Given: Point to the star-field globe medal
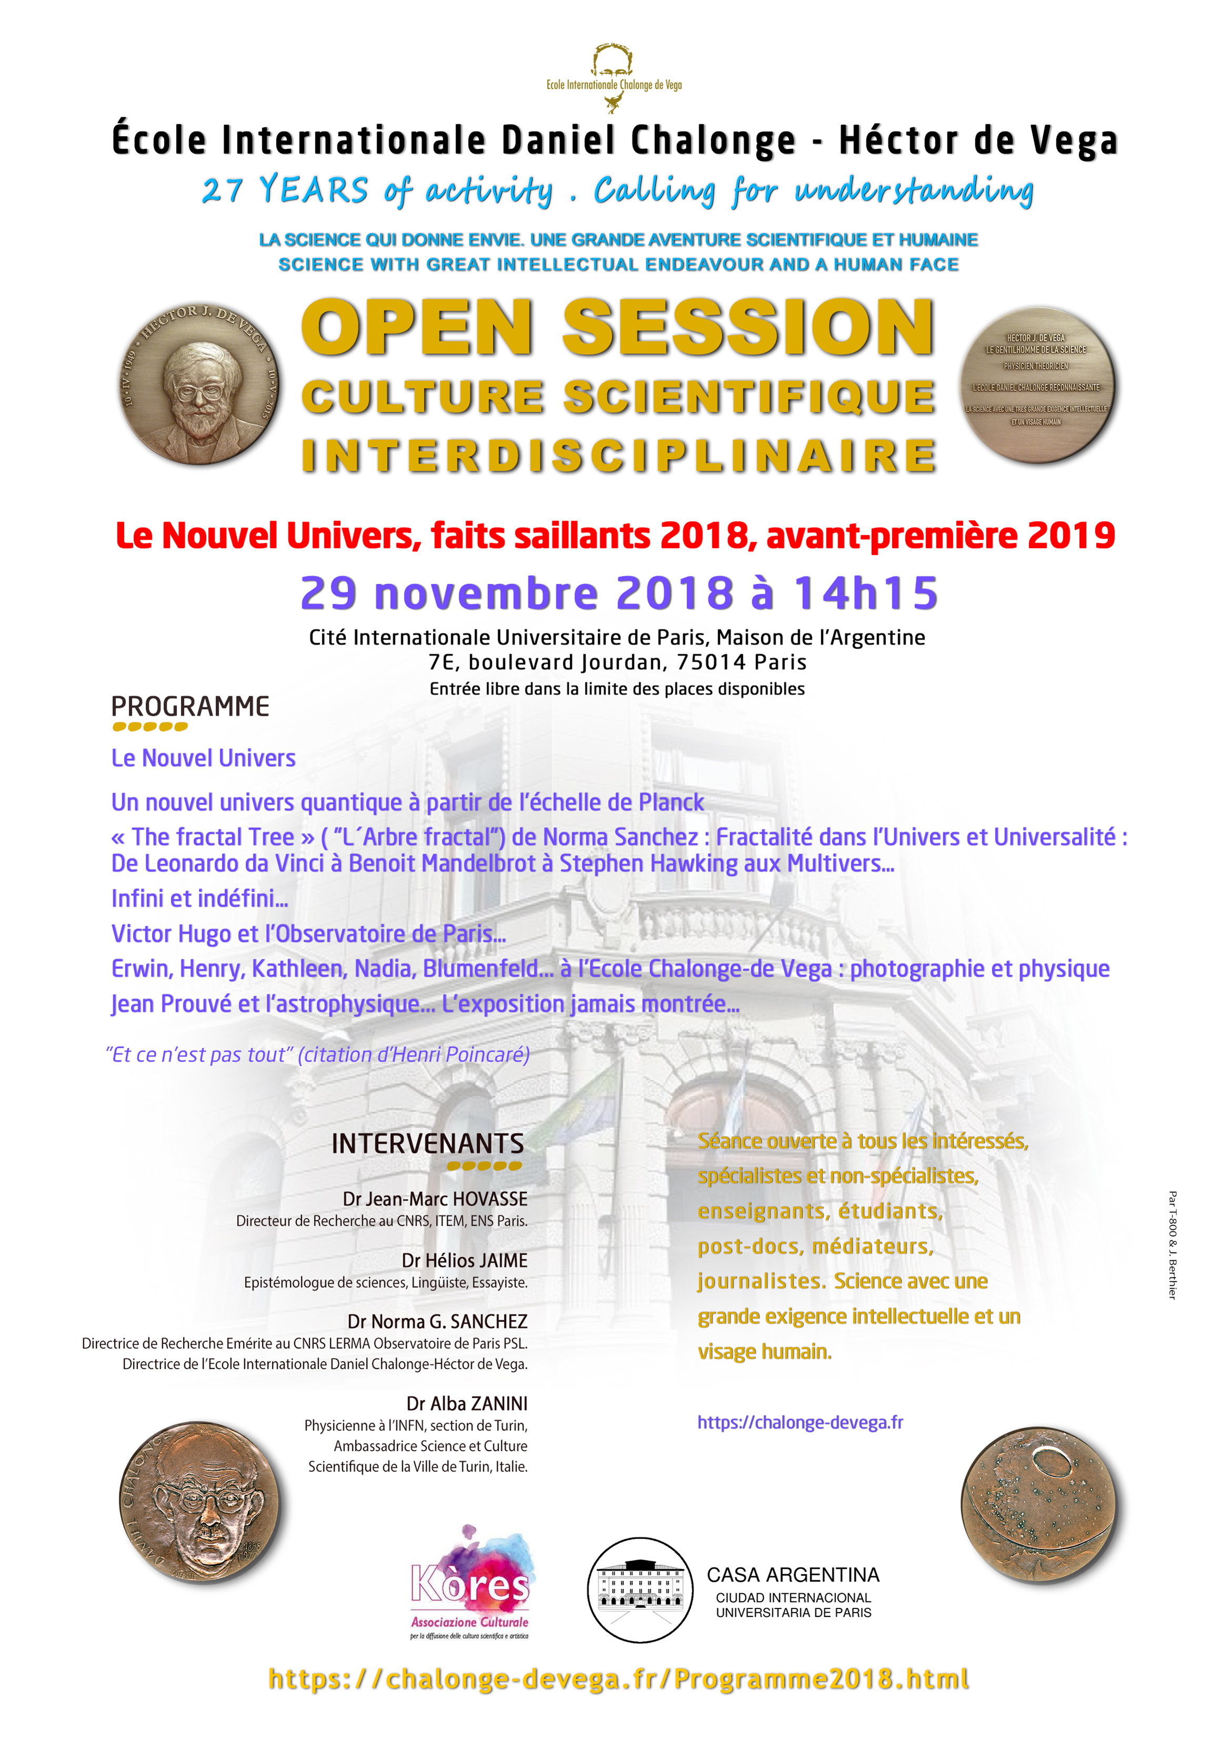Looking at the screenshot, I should (1038, 1504).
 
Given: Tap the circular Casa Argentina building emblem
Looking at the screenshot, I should (641, 1589).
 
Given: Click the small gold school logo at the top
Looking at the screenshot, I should (614, 76).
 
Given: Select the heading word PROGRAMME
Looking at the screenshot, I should (190, 706).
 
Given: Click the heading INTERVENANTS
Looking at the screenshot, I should (428, 1144).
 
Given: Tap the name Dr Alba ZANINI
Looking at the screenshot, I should (467, 1403).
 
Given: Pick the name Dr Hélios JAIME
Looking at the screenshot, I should (465, 1260).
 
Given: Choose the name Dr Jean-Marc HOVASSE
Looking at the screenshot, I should (435, 1199).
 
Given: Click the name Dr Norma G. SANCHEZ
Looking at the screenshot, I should (437, 1322).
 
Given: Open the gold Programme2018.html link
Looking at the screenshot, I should (821, 1678).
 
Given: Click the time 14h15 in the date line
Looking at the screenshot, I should (865, 593).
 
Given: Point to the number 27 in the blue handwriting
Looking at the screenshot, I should (221, 189).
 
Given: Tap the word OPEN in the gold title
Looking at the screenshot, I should (418, 327).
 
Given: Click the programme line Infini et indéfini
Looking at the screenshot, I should (199, 899).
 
